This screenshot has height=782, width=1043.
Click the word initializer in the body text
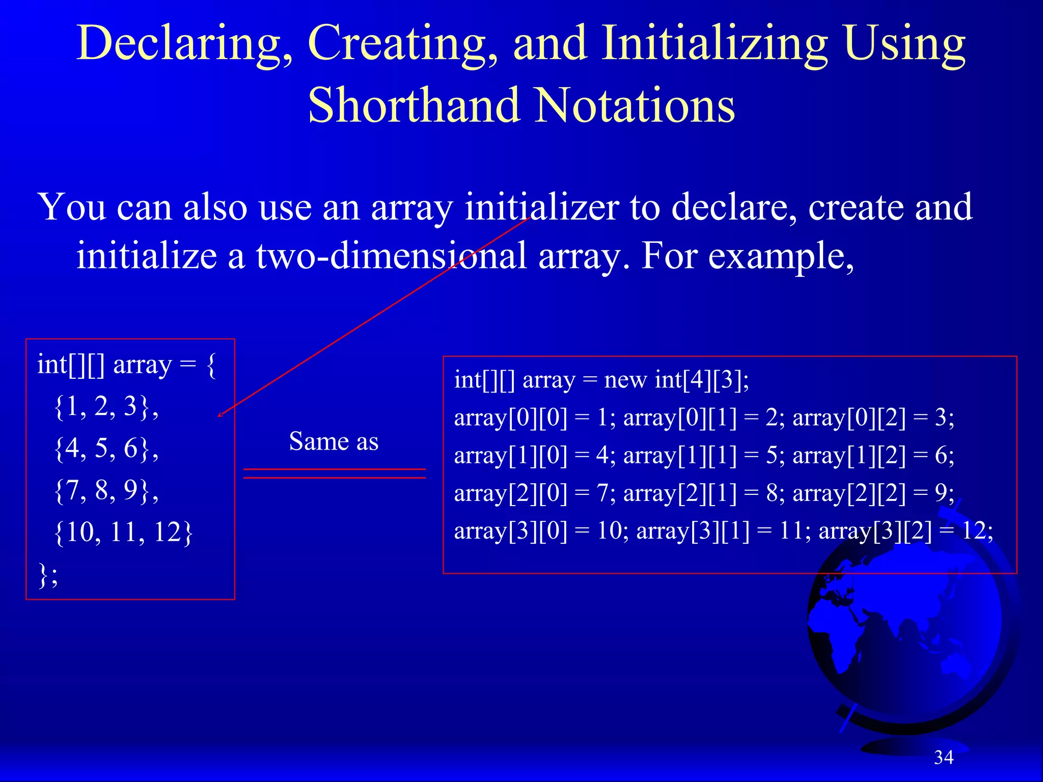[542, 207]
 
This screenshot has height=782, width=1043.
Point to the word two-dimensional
[391, 256]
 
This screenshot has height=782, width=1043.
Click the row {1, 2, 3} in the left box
[106, 407]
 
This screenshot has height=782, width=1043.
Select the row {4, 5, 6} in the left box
[106, 449]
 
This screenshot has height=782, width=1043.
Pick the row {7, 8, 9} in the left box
[106, 490]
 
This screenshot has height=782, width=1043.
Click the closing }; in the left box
[48, 575]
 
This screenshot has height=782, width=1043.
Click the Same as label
[334, 441]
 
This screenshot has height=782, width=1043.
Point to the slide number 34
[943, 758]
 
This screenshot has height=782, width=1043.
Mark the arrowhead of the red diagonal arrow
[220, 415]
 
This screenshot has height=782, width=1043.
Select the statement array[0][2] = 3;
[873, 418]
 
